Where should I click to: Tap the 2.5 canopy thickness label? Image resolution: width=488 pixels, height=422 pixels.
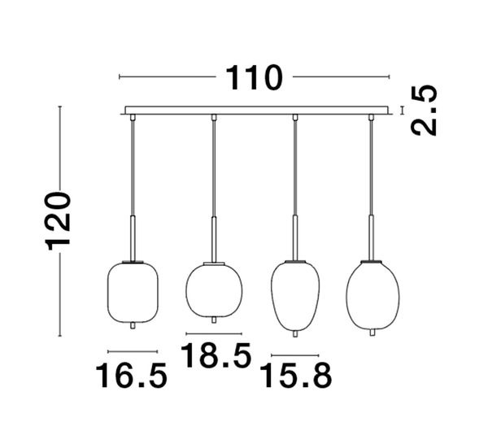(x=424, y=111)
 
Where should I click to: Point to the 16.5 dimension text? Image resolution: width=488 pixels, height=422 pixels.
(x=131, y=376)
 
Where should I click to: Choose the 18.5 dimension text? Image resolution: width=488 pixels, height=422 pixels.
(x=214, y=356)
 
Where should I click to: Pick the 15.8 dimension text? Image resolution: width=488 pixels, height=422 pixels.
(x=295, y=376)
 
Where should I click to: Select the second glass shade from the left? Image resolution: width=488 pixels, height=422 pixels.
(x=214, y=290)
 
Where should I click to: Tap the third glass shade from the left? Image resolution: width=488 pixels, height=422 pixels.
(x=294, y=294)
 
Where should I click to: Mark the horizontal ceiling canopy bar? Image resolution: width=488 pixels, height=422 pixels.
(x=254, y=110)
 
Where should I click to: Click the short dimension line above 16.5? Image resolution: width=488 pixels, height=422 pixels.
(x=131, y=351)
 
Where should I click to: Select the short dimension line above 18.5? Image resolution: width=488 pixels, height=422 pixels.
(x=214, y=334)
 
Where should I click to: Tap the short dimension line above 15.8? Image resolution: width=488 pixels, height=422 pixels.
(x=294, y=355)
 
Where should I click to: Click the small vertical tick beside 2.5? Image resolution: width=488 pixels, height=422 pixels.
(x=401, y=110)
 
